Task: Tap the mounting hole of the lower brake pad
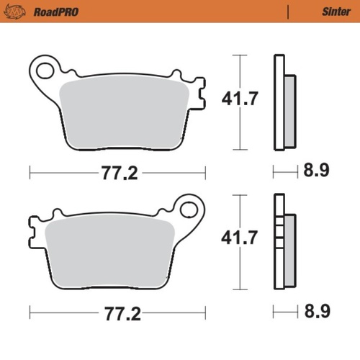pos(189,210)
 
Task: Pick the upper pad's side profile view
pos(283,103)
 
